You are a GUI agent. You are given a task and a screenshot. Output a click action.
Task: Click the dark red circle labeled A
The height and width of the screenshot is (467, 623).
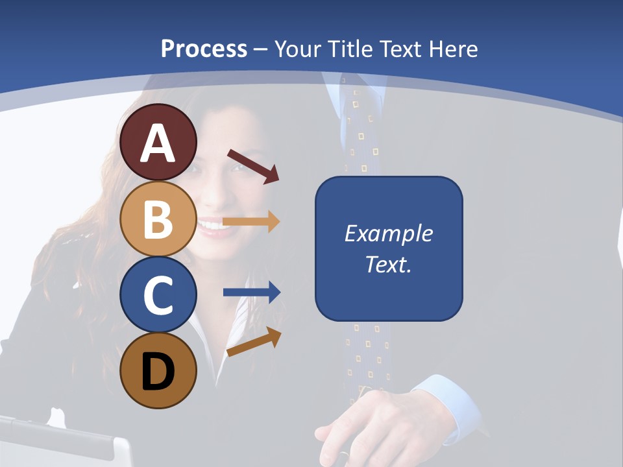tap(158, 143)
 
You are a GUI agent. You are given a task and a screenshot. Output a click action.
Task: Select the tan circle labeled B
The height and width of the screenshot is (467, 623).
tap(158, 219)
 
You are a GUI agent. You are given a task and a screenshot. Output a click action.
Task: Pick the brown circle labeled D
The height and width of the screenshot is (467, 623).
tap(158, 370)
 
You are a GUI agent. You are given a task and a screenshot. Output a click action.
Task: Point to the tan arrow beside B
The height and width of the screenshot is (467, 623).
tap(251, 221)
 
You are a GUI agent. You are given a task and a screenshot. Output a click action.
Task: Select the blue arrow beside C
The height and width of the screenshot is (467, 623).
tap(251, 293)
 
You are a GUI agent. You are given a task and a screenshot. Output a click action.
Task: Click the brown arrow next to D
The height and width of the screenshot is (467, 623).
tap(254, 342)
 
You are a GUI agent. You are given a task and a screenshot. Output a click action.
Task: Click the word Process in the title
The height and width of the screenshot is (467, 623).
tap(204, 49)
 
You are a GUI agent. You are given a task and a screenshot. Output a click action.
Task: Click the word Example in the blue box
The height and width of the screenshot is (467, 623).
tap(388, 233)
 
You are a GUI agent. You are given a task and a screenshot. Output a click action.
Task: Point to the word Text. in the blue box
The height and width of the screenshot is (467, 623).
tap(388, 265)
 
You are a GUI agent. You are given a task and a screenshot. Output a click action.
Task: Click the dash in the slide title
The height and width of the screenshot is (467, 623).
tap(261, 49)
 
